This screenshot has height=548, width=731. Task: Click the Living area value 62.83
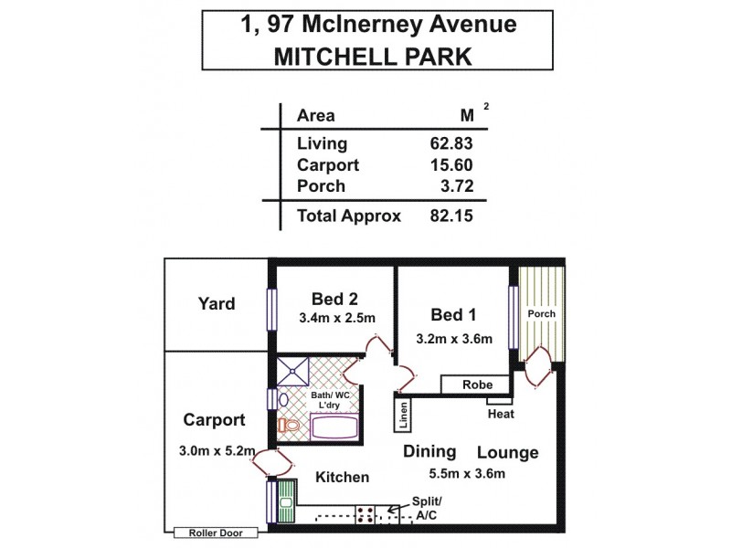(450, 143)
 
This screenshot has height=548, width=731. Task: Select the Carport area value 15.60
(450, 165)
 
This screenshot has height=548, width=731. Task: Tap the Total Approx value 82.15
(450, 216)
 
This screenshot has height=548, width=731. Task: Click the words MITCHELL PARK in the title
(373, 57)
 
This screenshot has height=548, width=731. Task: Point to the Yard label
(217, 304)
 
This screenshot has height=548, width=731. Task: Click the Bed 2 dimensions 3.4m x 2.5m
(337, 319)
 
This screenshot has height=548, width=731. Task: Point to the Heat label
(501, 414)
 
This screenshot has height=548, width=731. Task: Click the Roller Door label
(216, 532)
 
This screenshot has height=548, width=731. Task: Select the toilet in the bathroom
(288, 427)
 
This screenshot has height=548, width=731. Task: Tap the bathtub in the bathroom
(334, 427)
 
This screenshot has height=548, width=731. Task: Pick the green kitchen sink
(286, 501)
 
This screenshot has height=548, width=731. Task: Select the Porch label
(540, 314)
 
